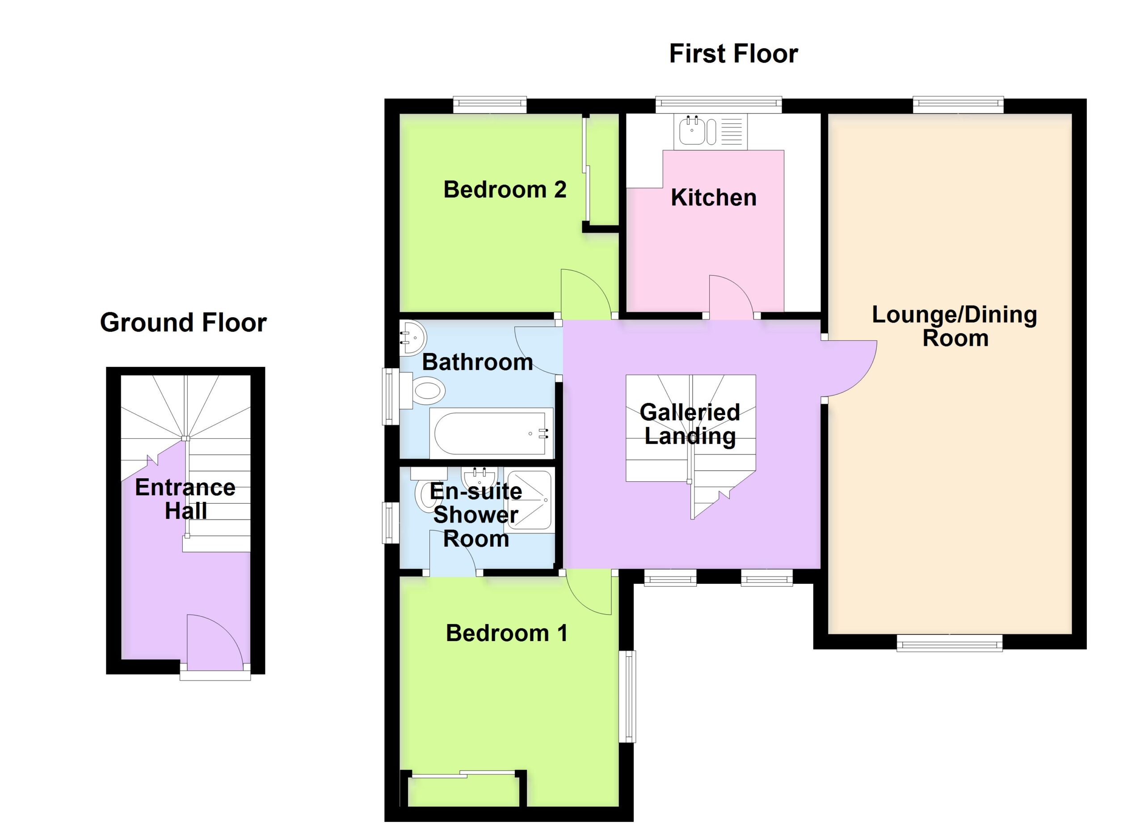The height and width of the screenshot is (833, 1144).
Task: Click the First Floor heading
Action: (733, 54)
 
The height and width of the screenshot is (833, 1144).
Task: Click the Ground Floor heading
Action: (183, 323)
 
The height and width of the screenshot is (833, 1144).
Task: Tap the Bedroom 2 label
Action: (505, 190)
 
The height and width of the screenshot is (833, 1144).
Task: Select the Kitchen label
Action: (713, 197)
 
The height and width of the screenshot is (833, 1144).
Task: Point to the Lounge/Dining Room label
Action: (955, 326)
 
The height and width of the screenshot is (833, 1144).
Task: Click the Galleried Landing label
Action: (690, 424)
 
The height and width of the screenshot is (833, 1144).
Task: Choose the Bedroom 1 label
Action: (506, 633)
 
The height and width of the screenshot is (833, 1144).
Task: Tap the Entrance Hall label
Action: (185, 499)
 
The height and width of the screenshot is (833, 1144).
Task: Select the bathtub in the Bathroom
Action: (491, 433)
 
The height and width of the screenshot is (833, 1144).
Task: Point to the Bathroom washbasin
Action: (412, 338)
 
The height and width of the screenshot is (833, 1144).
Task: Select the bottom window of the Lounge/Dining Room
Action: (949, 643)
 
